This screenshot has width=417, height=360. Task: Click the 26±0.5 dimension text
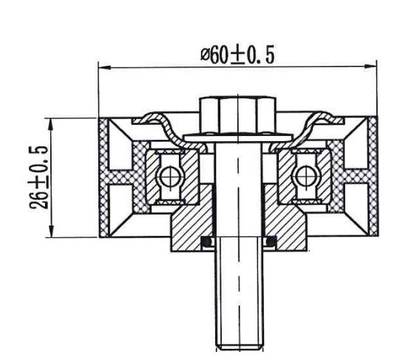pos(39,177)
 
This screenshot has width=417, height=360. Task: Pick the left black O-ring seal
pos(208,241)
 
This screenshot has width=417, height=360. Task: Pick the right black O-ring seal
pos(270,241)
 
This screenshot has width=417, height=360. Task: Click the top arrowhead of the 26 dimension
pos(50,120)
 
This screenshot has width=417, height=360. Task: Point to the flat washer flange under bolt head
pos(237,137)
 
